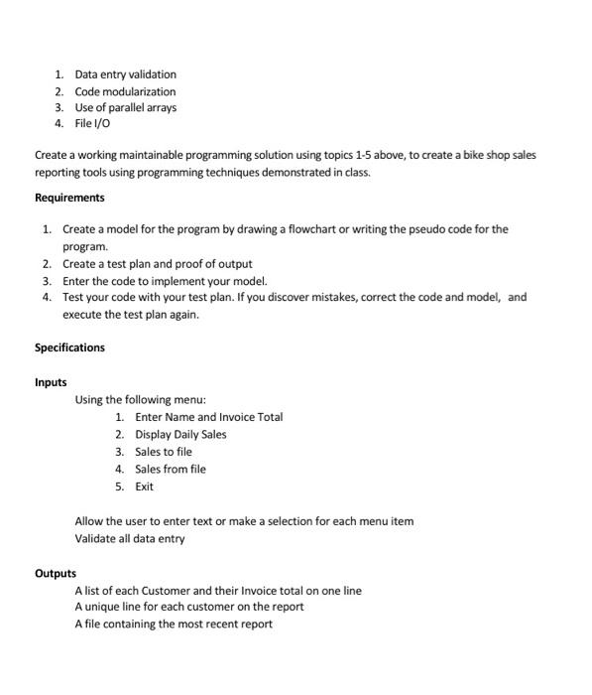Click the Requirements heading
(x=69, y=198)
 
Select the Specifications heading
(x=69, y=347)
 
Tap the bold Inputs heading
(x=51, y=382)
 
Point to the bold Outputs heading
(x=56, y=573)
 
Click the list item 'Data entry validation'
(x=125, y=74)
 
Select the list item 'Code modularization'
(x=125, y=91)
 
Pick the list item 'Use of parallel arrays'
(x=125, y=107)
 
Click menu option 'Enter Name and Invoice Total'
(x=208, y=417)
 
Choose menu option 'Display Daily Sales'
(x=180, y=434)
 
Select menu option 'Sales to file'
(x=164, y=452)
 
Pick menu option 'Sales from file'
(x=171, y=469)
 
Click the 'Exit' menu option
(x=145, y=486)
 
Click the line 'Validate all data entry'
(x=129, y=538)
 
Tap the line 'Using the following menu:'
(x=140, y=400)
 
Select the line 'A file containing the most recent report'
(x=173, y=624)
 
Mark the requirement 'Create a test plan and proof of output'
(x=157, y=264)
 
